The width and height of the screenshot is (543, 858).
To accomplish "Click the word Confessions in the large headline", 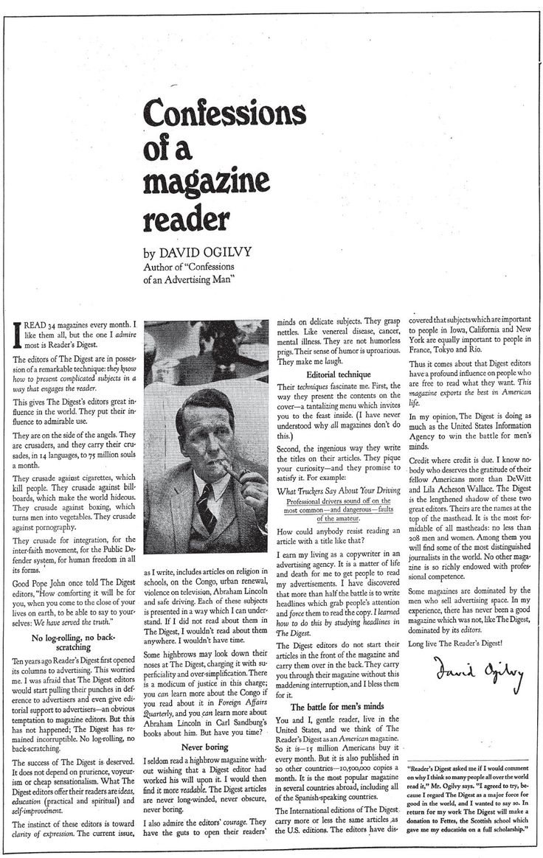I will point(224,112).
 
